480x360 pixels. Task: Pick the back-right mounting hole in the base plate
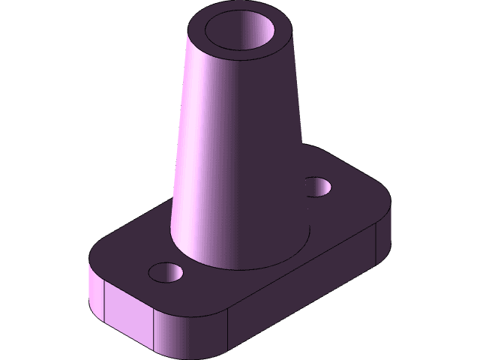[319, 186]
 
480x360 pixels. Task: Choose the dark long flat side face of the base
[300, 292]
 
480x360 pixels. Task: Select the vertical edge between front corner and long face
[227, 334]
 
